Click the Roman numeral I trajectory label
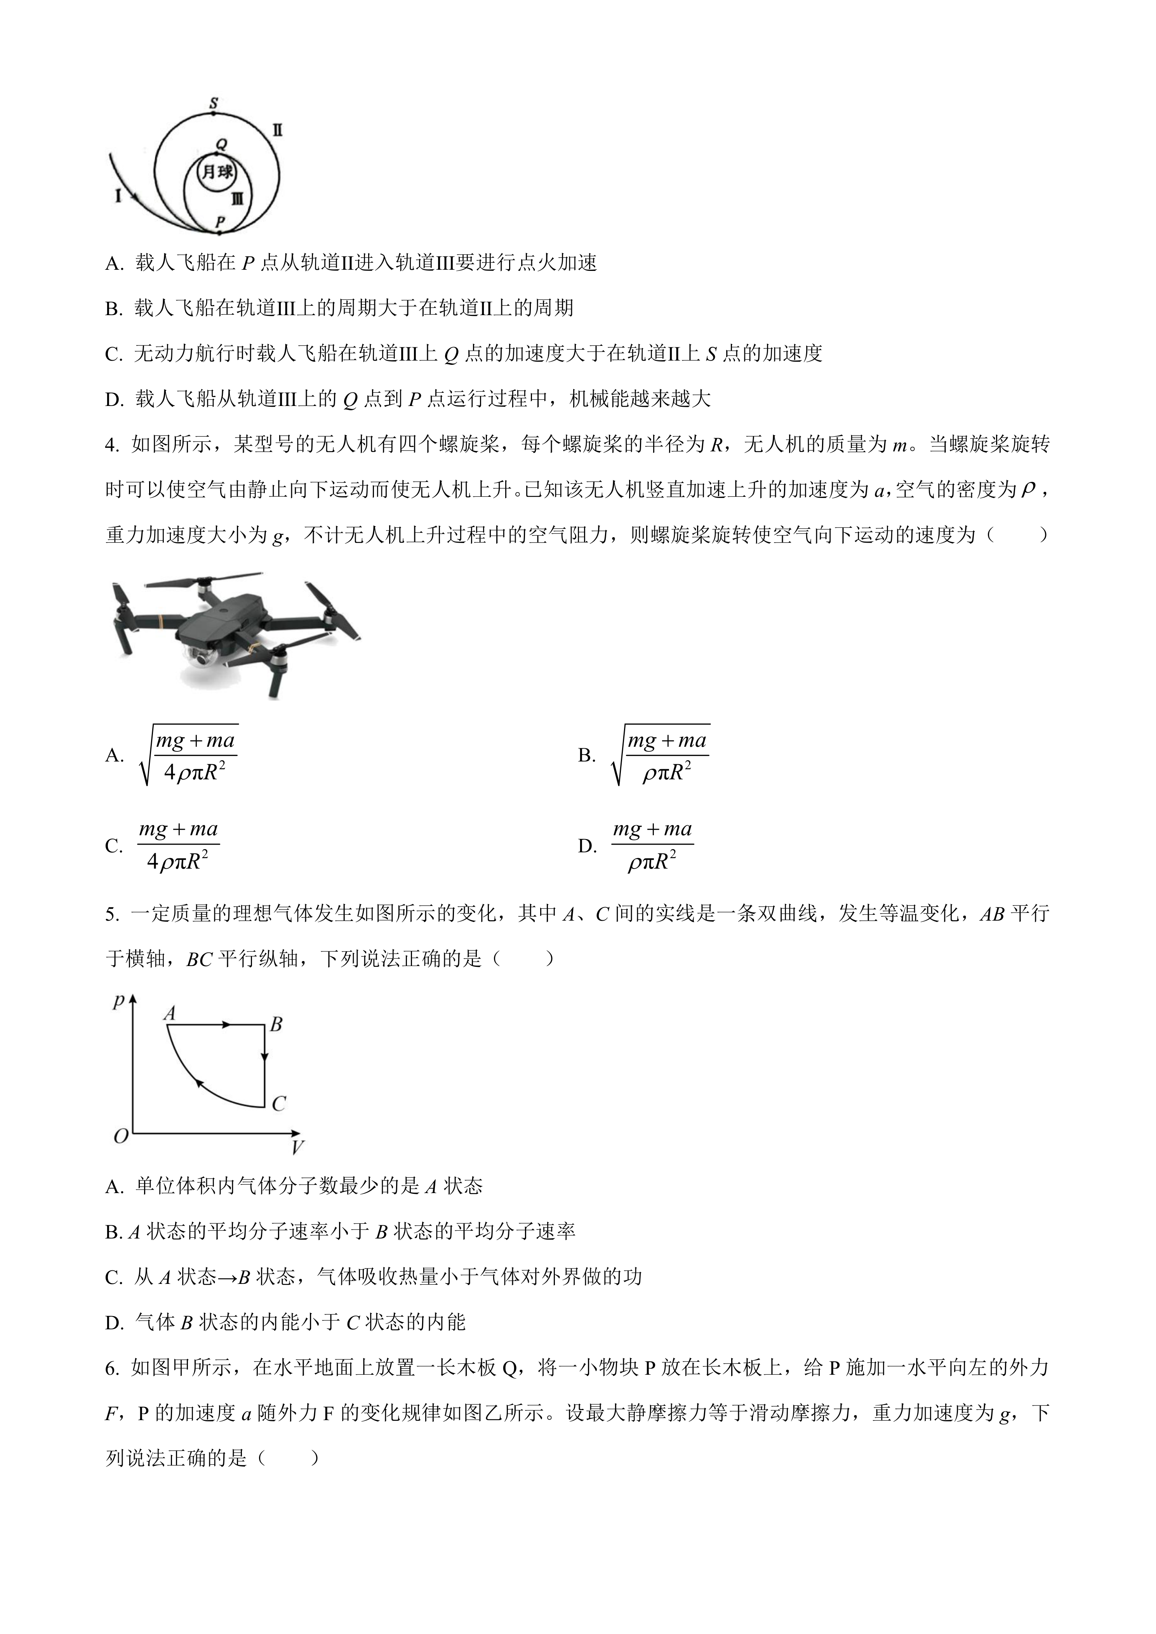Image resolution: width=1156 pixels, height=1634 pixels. click(x=118, y=194)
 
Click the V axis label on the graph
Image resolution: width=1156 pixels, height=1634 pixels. click(x=297, y=1147)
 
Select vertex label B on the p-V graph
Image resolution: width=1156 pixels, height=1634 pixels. click(x=276, y=1024)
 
